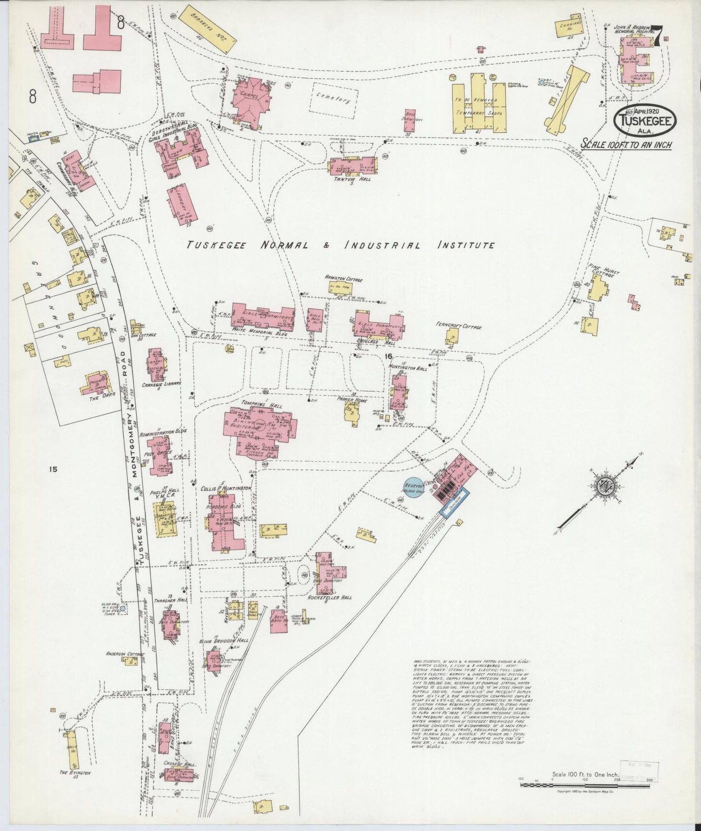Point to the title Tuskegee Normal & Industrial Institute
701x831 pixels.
[341, 245]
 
